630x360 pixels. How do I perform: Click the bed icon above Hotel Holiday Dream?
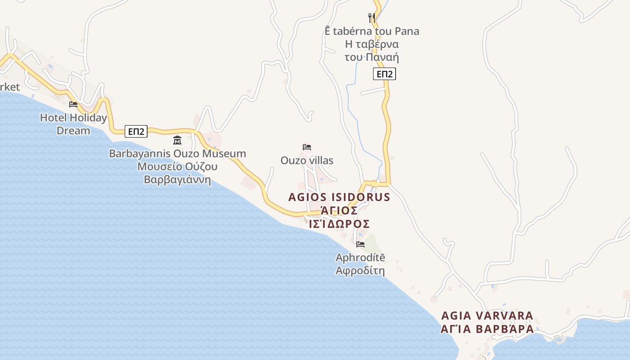[73, 104]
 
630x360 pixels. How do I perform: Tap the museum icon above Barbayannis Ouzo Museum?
[177, 140]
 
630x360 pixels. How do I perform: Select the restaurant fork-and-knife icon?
[372, 18]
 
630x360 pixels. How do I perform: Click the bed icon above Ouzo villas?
[307, 147]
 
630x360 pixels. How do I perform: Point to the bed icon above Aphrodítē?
[360, 244]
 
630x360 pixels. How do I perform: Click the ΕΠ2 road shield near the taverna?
[384, 74]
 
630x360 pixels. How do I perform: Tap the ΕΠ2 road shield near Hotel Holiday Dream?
[136, 131]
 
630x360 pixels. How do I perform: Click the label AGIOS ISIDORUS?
[339, 197]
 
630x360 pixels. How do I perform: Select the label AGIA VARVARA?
[487, 315]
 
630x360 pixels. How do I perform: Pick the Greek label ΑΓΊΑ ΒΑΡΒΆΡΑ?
[487, 329]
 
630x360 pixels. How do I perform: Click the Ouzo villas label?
[307, 160]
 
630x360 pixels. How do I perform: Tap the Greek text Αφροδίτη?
[360, 271]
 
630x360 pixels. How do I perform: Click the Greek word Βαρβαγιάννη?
[177, 180]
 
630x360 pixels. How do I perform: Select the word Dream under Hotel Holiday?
[73, 130]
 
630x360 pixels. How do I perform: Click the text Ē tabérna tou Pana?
[372, 31]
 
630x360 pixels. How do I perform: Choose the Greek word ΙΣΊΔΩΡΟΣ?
[340, 224]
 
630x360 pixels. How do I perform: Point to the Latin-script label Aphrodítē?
[360, 258]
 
